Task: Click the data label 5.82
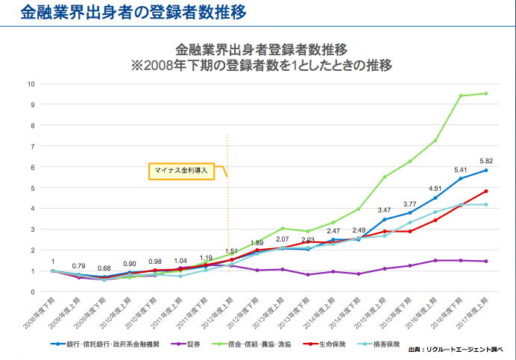point(485,160)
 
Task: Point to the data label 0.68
point(104,268)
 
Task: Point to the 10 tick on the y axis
point(31,83)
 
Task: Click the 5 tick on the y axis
point(32,188)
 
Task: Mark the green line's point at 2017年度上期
point(485,93)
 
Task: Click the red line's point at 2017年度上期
point(485,191)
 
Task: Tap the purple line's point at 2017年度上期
point(485,261)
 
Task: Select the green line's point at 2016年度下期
point(460,95)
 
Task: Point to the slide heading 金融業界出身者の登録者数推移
point(124,13)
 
